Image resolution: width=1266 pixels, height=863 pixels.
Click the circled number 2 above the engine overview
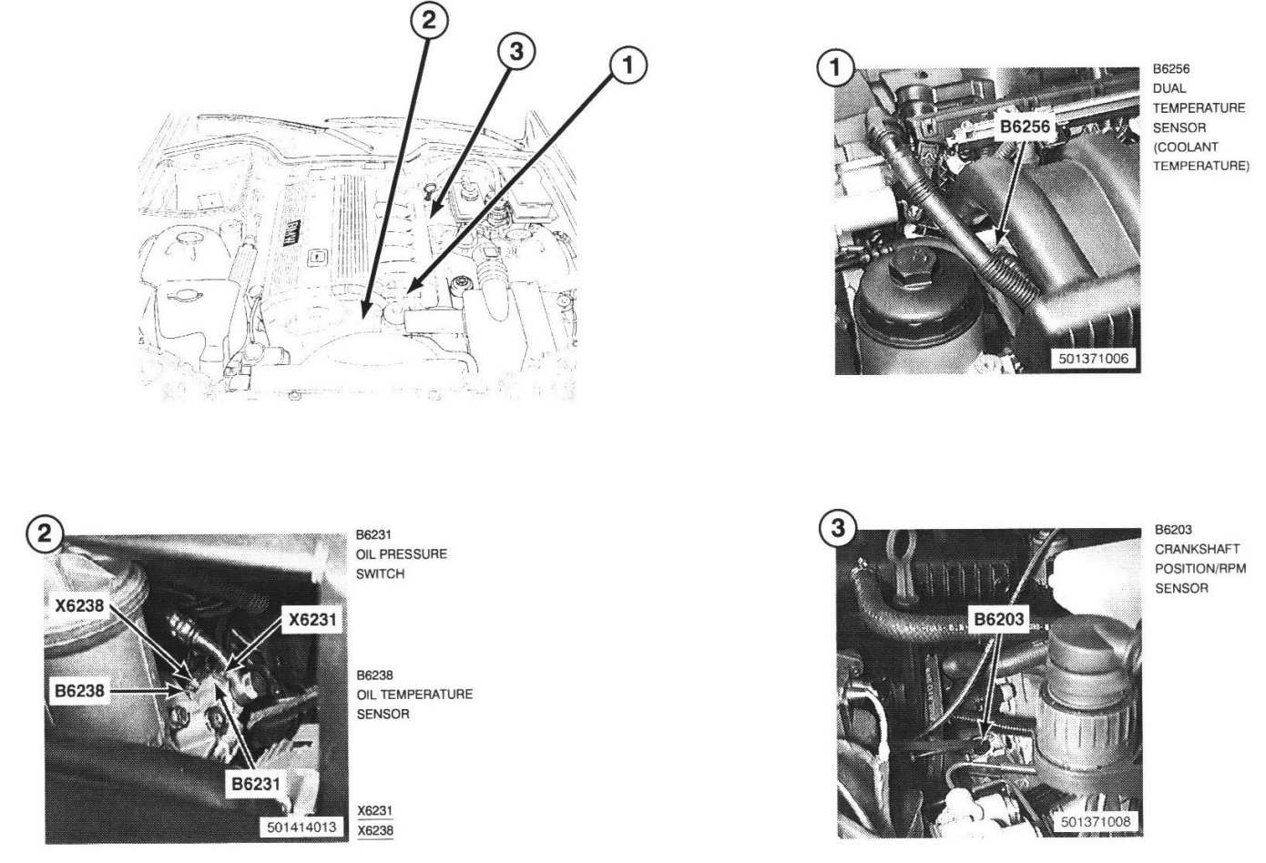click(x=430, y=20)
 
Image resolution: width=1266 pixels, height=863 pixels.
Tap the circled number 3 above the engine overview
click(x=516, y=52)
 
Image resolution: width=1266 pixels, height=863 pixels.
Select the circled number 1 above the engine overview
click(x=628, y=66)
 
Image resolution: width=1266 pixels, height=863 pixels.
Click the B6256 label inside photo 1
click(x=1025, y=127)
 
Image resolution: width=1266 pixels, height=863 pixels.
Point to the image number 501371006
click(x=1093, y=359)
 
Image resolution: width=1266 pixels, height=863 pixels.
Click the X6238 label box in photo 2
click(x=79, y=606)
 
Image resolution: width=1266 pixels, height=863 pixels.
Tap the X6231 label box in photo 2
click(x=312, y=620)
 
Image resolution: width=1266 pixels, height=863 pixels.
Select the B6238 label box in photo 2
click(x=79, y=691)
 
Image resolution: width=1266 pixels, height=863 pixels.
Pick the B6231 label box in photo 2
click(x=255, y=784)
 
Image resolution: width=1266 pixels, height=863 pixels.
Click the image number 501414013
click(x=301, y=827)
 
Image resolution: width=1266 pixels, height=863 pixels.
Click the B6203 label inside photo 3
click(x=998, y=620)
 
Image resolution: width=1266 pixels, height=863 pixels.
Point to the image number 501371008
click(x=1096, y=821)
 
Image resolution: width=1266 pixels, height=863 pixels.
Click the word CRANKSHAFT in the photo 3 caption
click(x=1197, y=549)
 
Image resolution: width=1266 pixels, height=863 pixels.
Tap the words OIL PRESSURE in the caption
click(x=402, y=554)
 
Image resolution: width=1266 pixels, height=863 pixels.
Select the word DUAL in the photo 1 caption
click(x=1169, y=88)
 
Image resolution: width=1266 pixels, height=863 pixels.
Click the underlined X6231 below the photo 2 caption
click(x=374, y=811)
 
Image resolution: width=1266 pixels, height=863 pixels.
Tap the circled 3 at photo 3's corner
click(x=838, y=529)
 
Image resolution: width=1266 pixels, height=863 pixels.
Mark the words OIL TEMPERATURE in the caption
click(x=414, y=694)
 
